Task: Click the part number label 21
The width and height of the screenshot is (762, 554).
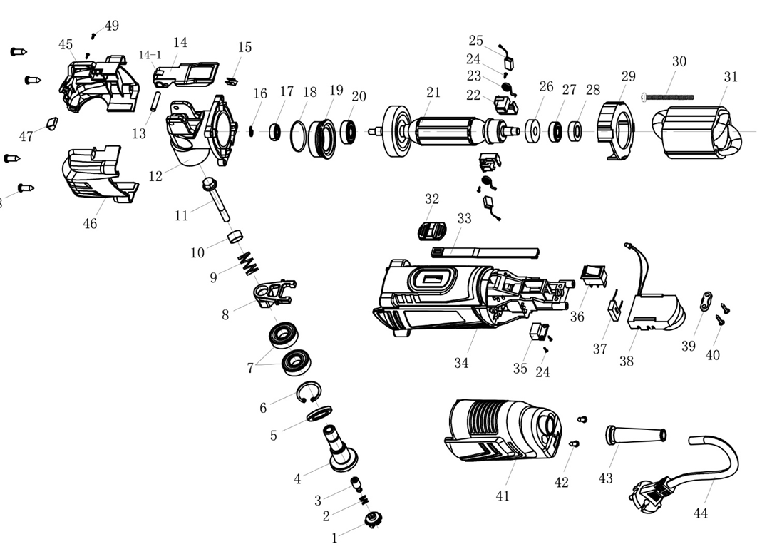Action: click(433, 92)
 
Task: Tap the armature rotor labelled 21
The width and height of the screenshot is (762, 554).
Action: click(449, 130)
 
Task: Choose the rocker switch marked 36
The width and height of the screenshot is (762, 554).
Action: click(592, 275)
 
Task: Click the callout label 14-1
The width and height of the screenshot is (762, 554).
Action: click(150, 55)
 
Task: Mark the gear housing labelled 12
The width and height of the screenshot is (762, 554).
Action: click(200, 135)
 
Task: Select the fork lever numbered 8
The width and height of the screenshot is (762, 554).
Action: click(275, 293)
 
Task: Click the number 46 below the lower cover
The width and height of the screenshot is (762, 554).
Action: click(90, 224)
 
